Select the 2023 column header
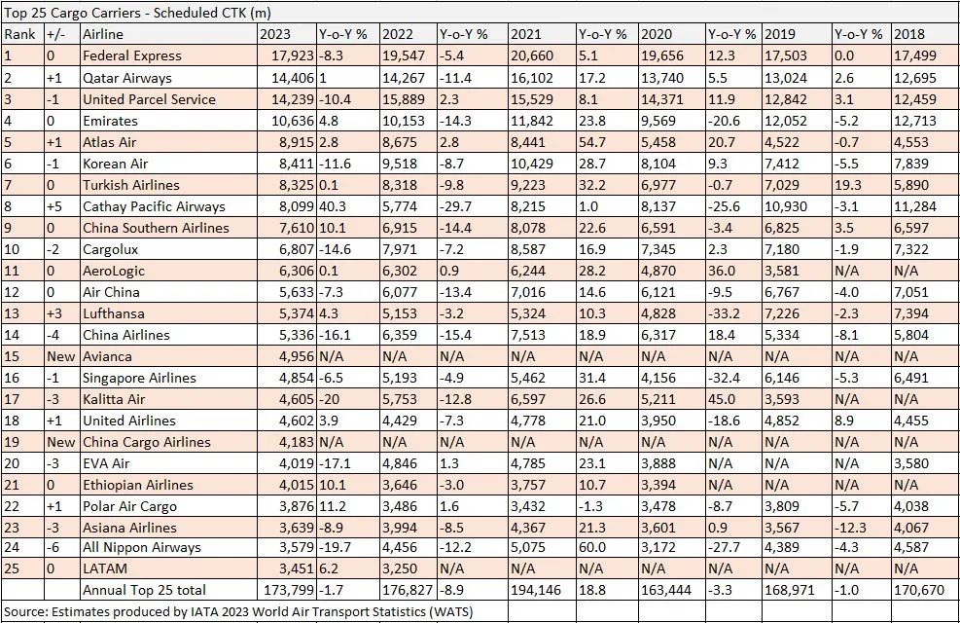(275, 35)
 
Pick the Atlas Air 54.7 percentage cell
(593, 142)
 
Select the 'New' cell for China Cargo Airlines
(60, 442)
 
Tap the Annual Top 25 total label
(144, 590)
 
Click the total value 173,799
(288, 590)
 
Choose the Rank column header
(20, 35)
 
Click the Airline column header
(103, 35)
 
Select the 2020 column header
(657, 35)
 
